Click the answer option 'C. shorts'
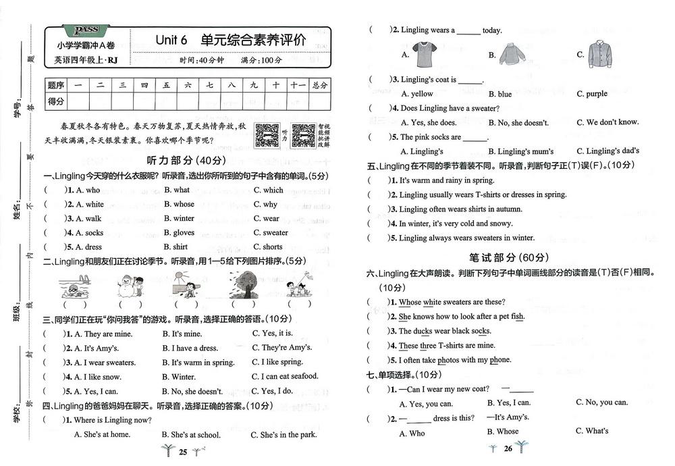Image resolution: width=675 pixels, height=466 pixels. click(268, 247)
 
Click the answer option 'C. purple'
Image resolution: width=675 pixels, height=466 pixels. click(592, 94)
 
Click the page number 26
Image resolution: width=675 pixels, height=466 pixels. click(508, 449)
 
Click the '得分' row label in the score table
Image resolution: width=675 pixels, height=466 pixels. click(55, 101)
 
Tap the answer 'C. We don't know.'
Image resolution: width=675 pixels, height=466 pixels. click(607, 122)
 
